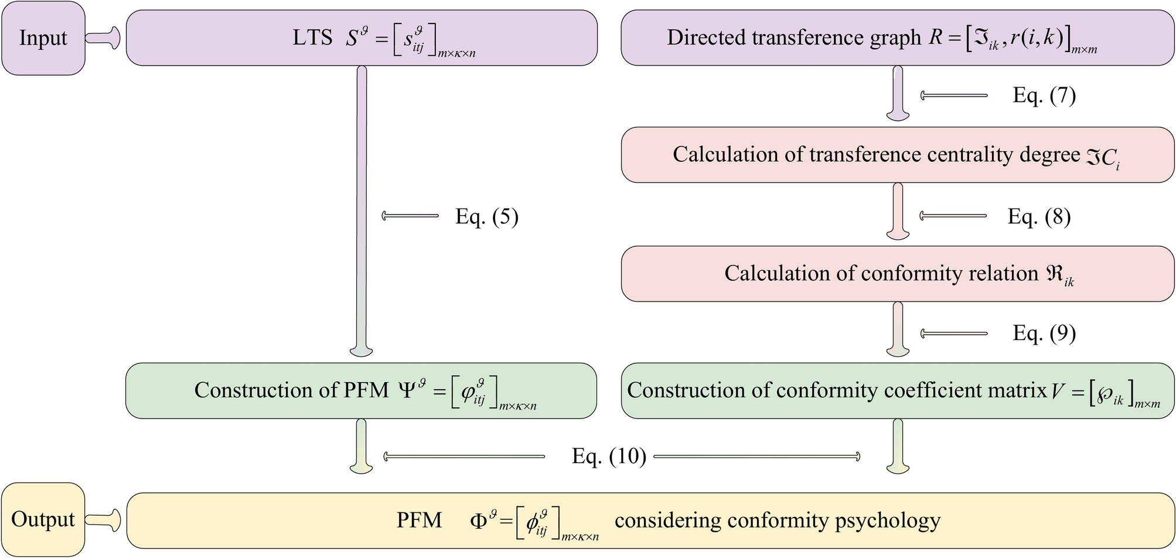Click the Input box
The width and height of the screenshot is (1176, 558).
click(x=43, y=38)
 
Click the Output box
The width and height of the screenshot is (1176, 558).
click(x=43, y=519)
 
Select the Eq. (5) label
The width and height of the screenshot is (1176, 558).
click(x=486, y=217)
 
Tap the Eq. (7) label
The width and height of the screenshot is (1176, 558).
click(x=1044, y=95)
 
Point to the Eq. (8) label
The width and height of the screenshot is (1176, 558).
click(x=1039, y=217)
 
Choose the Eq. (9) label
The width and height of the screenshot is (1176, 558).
click(x=1044, y=333)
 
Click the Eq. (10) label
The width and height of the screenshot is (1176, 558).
click(x=609, y=456)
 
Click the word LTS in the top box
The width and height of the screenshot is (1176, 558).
click(x=312, y=38)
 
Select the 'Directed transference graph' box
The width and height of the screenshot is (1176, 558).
click(x=897, y=38)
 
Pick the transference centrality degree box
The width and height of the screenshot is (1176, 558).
click(x=897, y=155)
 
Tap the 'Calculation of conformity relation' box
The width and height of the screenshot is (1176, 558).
click(x=897, y=274)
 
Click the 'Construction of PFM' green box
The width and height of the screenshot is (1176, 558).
click(x=361, y=391)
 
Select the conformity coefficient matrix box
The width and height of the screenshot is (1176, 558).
click(x=897, y=391)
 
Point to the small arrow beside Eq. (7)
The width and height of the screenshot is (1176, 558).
click(x=954, y=95)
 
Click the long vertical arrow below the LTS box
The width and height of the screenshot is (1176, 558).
click(x=362, y=211)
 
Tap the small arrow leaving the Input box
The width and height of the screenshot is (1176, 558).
click(x=103, y=38)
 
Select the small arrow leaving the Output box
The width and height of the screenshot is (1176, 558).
click(x=103, y=519)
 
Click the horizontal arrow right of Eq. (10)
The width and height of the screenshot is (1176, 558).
click(x=756, y=456)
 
